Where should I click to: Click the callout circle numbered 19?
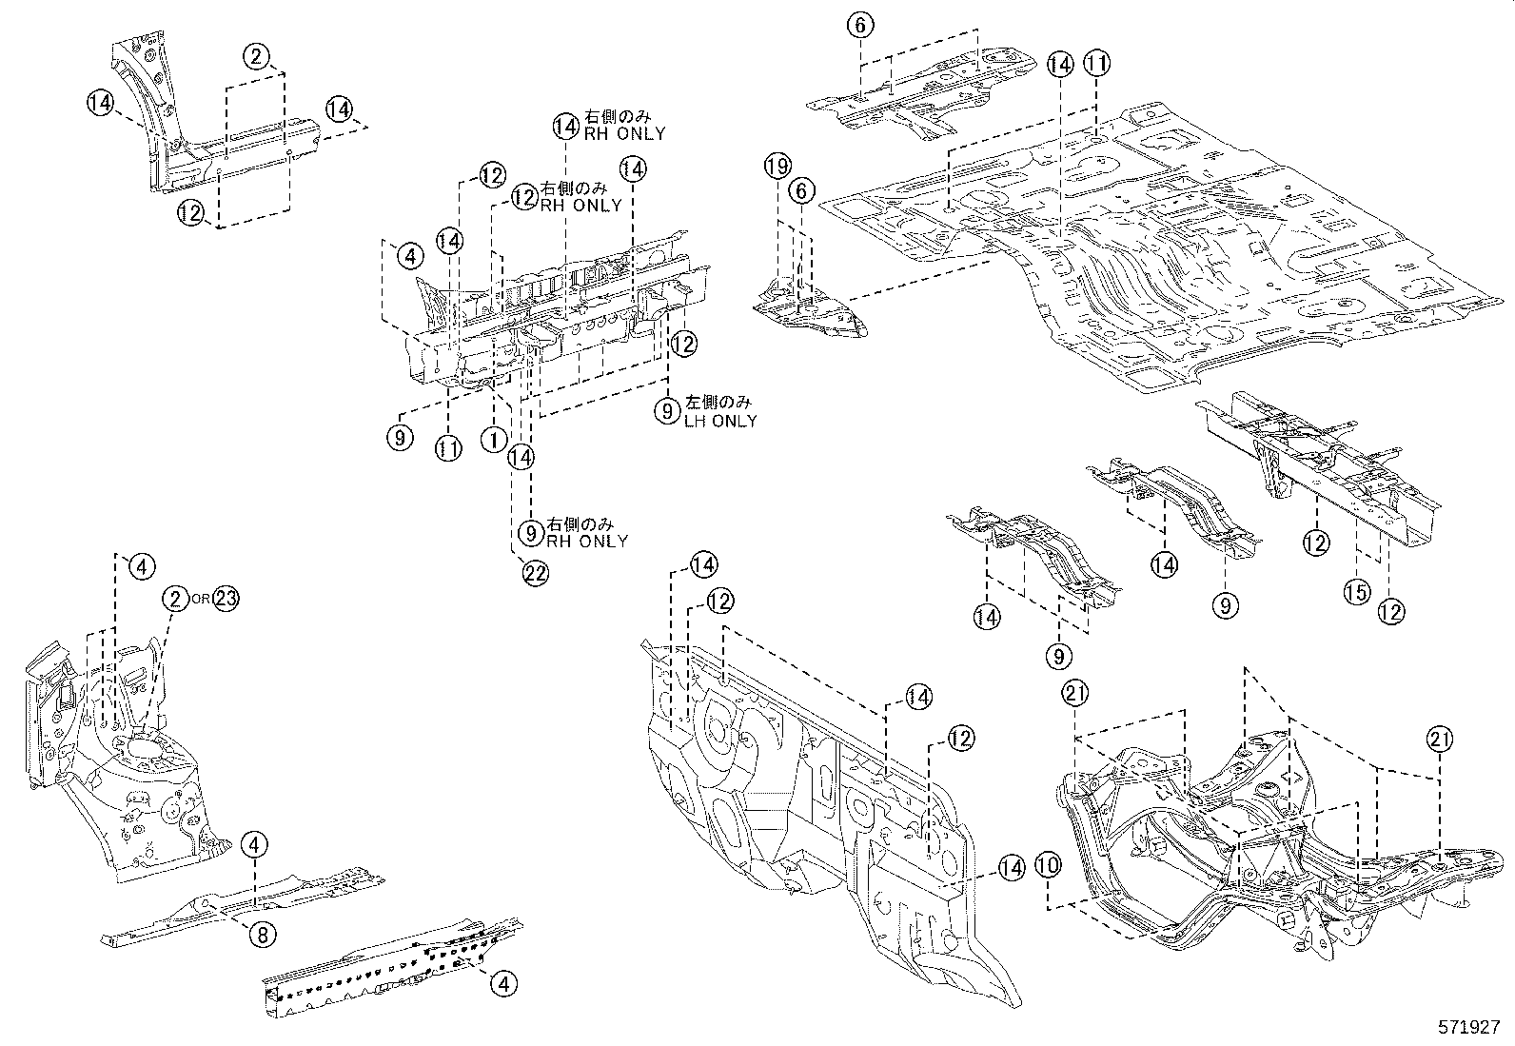click(777, 168)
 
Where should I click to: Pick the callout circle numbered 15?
click(1356, 592)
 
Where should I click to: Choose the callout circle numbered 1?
click(493, 440)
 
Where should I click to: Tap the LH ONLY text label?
click(720, 421)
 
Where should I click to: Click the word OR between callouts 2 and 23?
click(200, 599)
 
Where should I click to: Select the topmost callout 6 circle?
click(859, 26)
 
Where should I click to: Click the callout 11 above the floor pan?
click(1097, 65)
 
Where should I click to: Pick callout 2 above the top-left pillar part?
click(256, 56)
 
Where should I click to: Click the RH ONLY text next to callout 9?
click(586, 541)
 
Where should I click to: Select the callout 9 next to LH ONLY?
click(669, 411)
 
